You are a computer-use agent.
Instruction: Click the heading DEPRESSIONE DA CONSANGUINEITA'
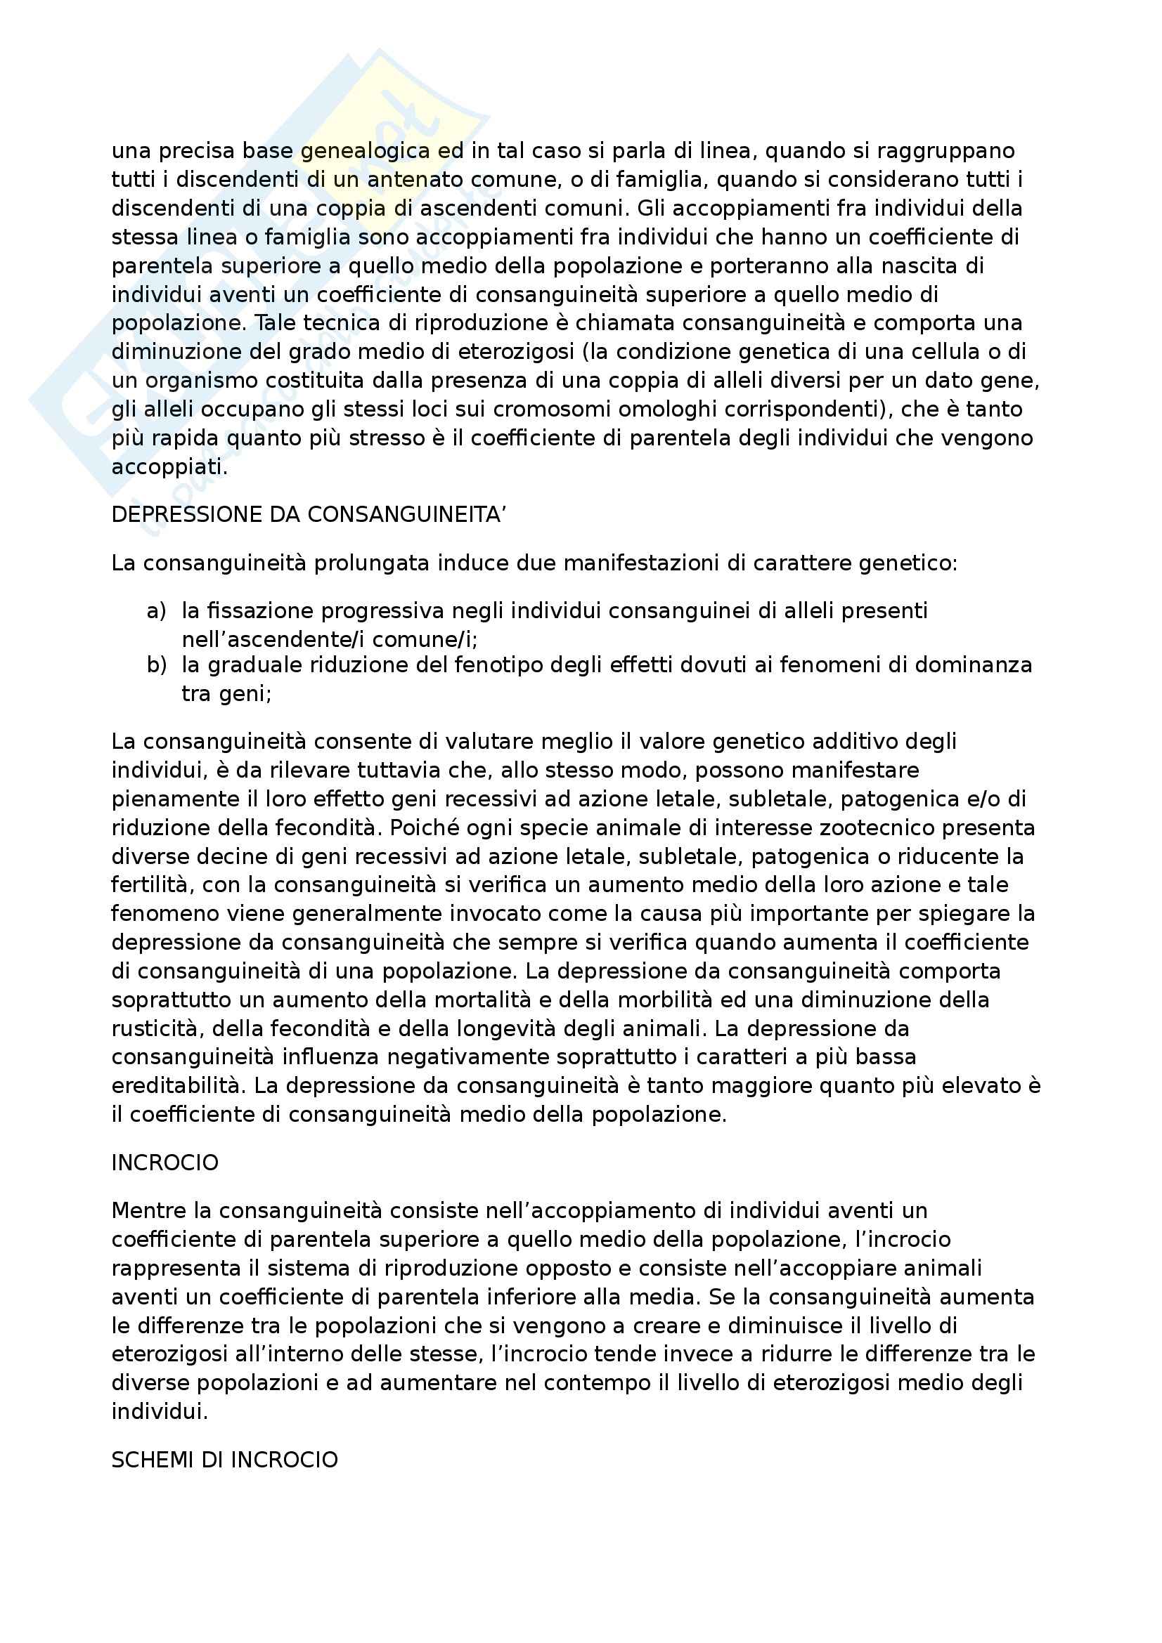point(309,515)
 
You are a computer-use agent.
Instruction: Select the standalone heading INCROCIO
point(164,1163)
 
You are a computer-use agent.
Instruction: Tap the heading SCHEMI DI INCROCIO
point(224,1459)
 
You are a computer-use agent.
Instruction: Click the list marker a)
point(156,610)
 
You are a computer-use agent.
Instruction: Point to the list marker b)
point(156,665)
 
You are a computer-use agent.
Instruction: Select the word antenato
point(416,180)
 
